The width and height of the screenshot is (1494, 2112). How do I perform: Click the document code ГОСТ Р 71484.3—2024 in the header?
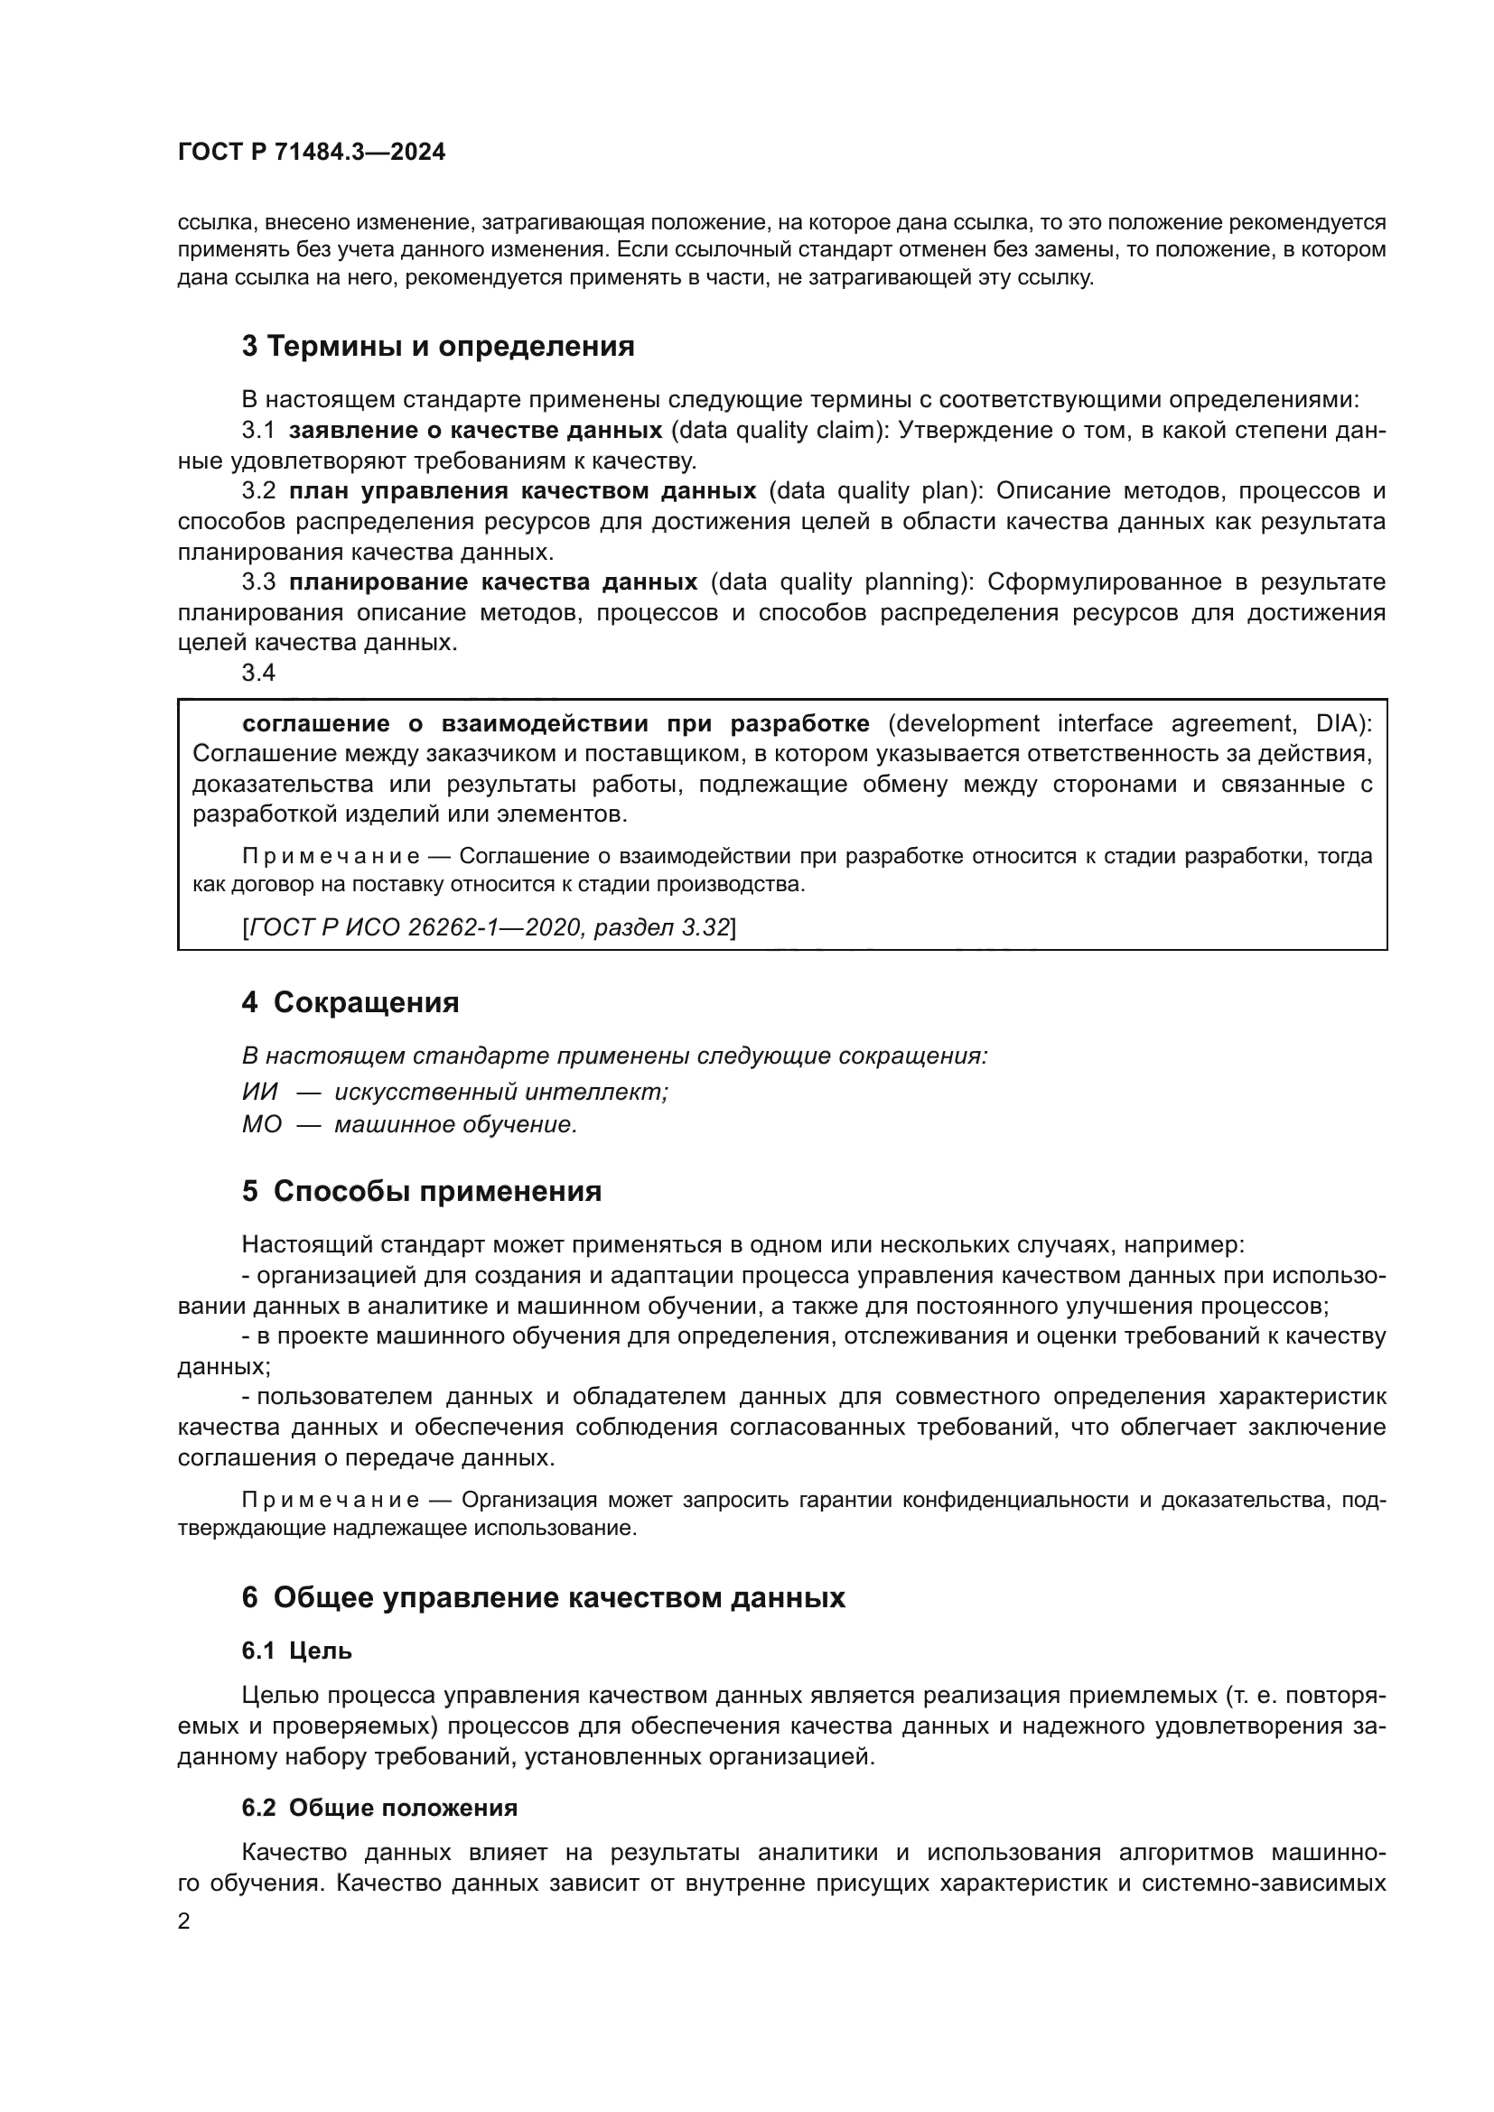pyautogui.click(x=311, y=153)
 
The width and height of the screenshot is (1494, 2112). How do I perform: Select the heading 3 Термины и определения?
pyautogui.click(x=438, y=347)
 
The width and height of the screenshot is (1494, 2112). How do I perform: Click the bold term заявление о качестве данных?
pyautogui.click(x=476, y=431)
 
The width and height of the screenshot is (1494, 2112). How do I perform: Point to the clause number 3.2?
pyautogui.click(x=258, y=491)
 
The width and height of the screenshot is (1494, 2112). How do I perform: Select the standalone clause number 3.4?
pyautogui.click(x=258, y=674)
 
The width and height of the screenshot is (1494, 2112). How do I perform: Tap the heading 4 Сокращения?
pyautogui.click(x=350, y=1002)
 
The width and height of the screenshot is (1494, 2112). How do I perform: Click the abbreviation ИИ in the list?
pyautogui.click(x=259, y=1093)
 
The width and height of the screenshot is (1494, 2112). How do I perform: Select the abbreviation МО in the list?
pyautogui.click(x=261, y=1125)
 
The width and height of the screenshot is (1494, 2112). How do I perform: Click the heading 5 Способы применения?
pyautogui.click(x=421, y=1192)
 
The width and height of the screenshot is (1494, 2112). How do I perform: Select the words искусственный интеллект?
pyautogui.click(x=501, y=1093)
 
